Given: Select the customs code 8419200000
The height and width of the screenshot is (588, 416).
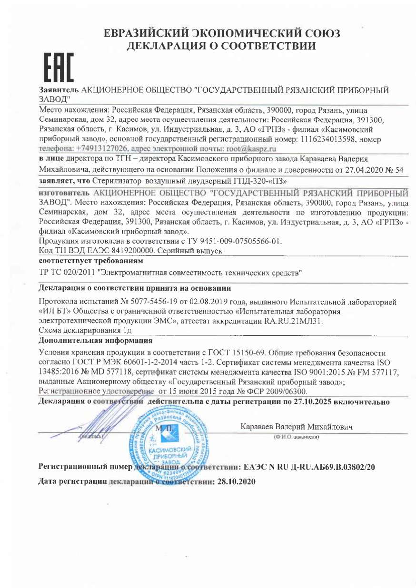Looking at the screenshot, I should (x=128, y=251).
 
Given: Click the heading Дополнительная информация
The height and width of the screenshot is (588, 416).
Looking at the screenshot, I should (x=95, y=341).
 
